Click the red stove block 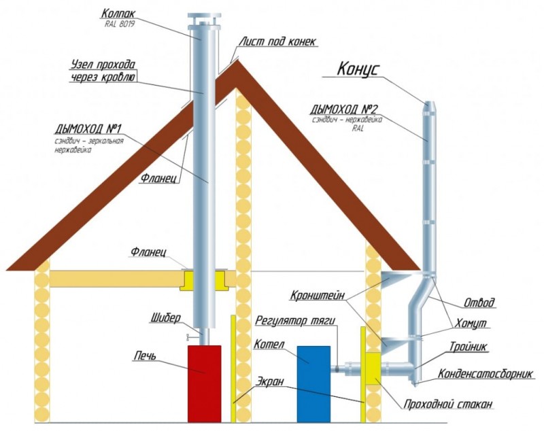[205, 384]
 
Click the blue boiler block [313, 384]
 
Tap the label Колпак [118, 14]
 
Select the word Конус [358, 69]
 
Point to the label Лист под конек [277, 41]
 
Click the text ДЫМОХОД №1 [88, 129]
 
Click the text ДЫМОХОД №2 [344, 109]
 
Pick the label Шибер [166, 318]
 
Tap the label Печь [145, 356]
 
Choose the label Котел [269, 344]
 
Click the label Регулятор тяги [295, 320]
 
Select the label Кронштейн [318, 296]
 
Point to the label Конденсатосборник [485, 374]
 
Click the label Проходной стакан [448, 404]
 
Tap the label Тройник [469, 347]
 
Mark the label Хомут [471, 324]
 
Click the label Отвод [479, 303]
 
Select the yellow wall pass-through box [373, 368]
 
